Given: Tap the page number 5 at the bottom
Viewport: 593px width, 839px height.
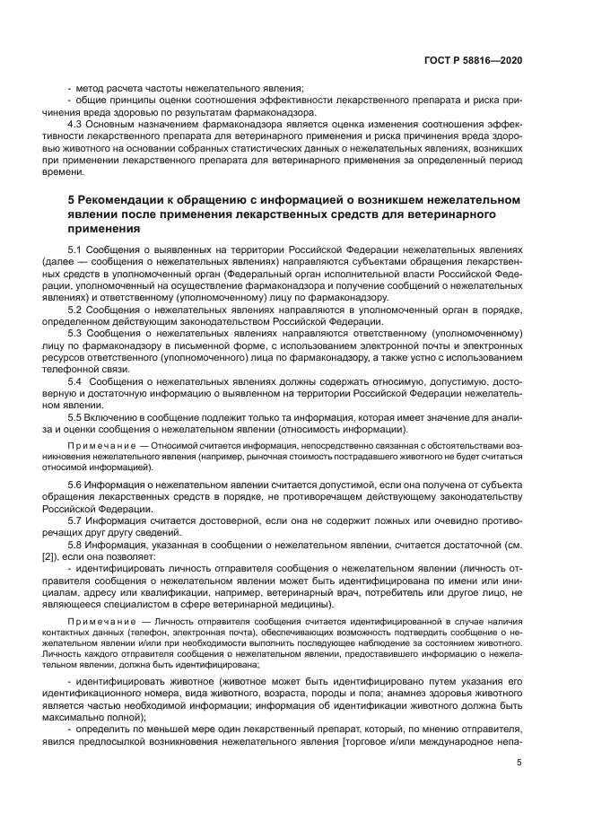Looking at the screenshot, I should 519,763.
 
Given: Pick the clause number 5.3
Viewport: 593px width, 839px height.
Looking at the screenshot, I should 76,333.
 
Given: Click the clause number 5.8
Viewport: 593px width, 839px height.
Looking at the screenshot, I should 76,544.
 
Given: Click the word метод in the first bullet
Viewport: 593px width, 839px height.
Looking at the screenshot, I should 89,88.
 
